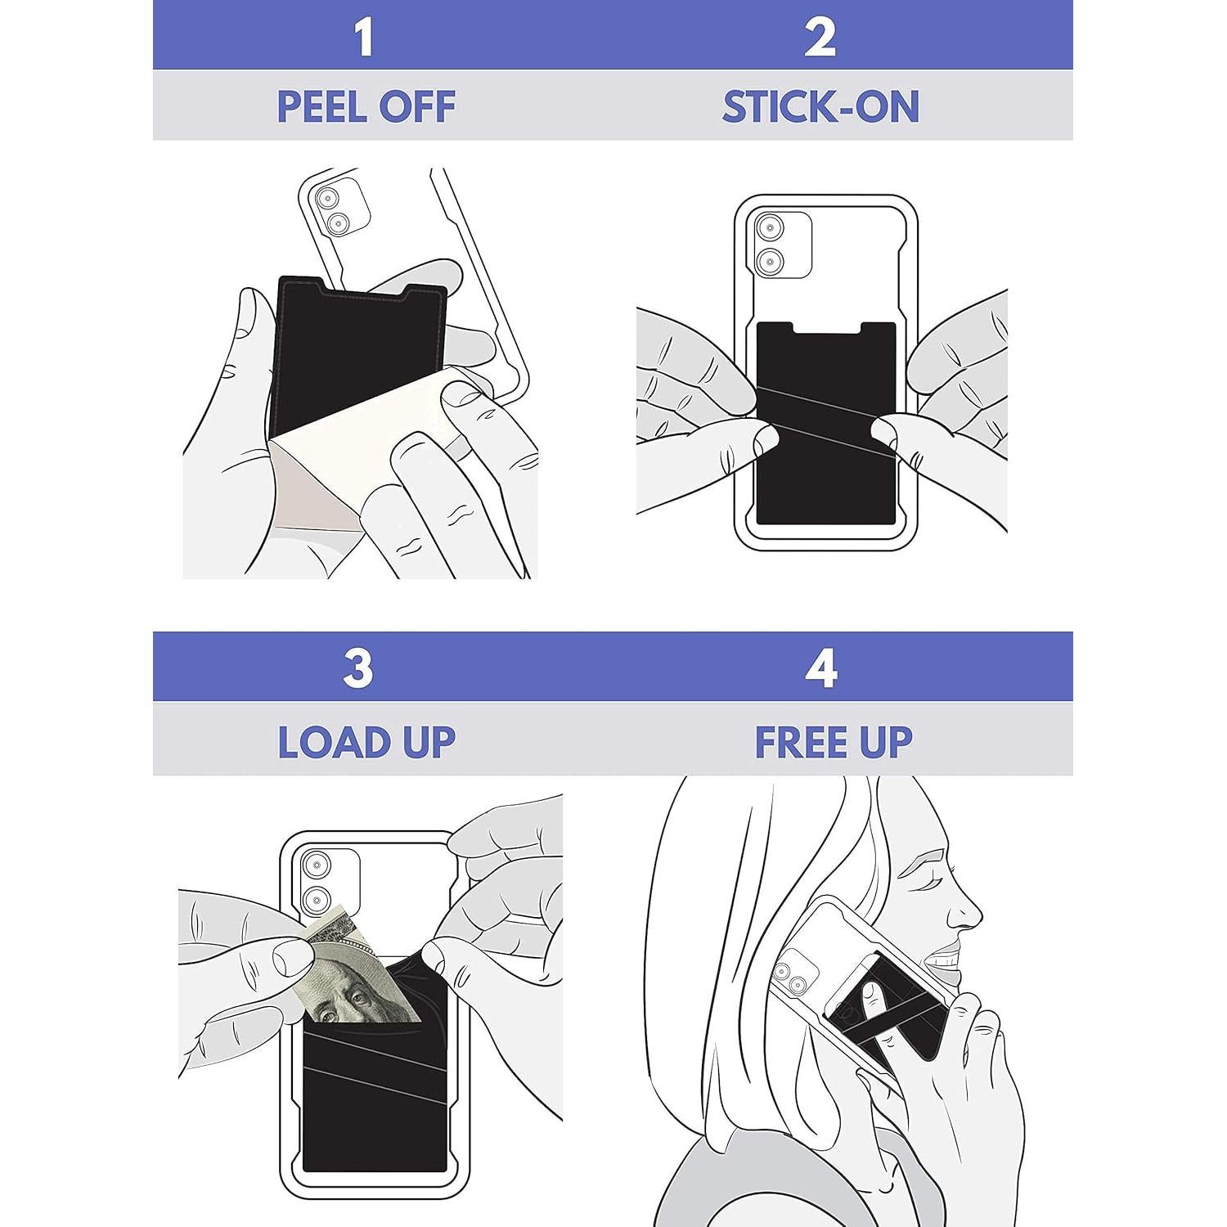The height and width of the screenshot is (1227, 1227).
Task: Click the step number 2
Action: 820,38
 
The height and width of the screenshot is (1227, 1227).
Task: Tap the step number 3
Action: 358,669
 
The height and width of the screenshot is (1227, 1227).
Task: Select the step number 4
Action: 820,669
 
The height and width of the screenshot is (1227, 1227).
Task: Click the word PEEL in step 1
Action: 320,107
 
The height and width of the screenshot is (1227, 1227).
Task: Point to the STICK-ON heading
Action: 820,107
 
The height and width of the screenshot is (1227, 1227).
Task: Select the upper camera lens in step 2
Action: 769,228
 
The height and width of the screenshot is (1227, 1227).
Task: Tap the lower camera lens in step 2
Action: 769,263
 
